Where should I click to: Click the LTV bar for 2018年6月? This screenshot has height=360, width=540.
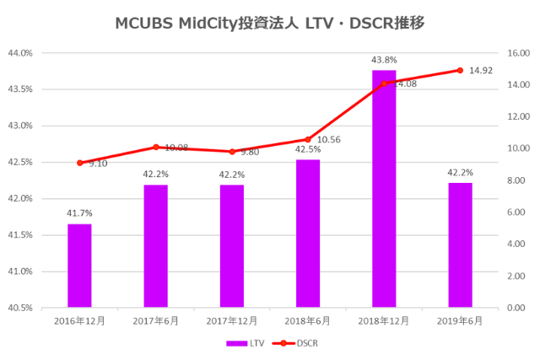308,233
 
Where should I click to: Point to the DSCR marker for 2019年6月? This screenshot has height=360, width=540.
460,70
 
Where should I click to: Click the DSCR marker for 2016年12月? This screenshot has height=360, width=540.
79,163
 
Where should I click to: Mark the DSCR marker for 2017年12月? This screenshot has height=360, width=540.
232,152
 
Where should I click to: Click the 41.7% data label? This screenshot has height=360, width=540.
79,213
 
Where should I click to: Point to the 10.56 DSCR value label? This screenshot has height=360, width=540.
330,140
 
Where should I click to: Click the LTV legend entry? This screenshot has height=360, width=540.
248,343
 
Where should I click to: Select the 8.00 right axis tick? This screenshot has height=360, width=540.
516,180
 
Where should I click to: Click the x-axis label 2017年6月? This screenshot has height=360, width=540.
155,321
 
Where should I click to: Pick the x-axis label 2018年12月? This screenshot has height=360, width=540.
384,321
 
